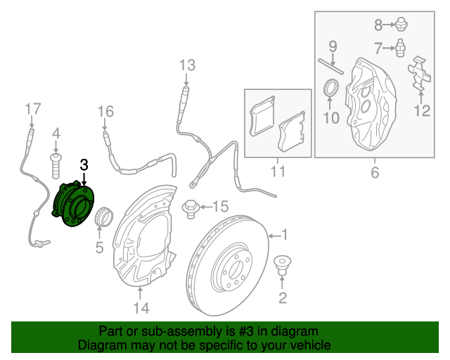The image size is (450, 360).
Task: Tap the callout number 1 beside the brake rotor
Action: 284,235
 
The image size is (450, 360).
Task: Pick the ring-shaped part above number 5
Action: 103,215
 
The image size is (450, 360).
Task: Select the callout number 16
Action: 105,111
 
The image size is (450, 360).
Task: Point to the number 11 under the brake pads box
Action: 277,171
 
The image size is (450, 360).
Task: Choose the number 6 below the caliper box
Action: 373,172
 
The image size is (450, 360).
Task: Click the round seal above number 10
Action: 330,89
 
